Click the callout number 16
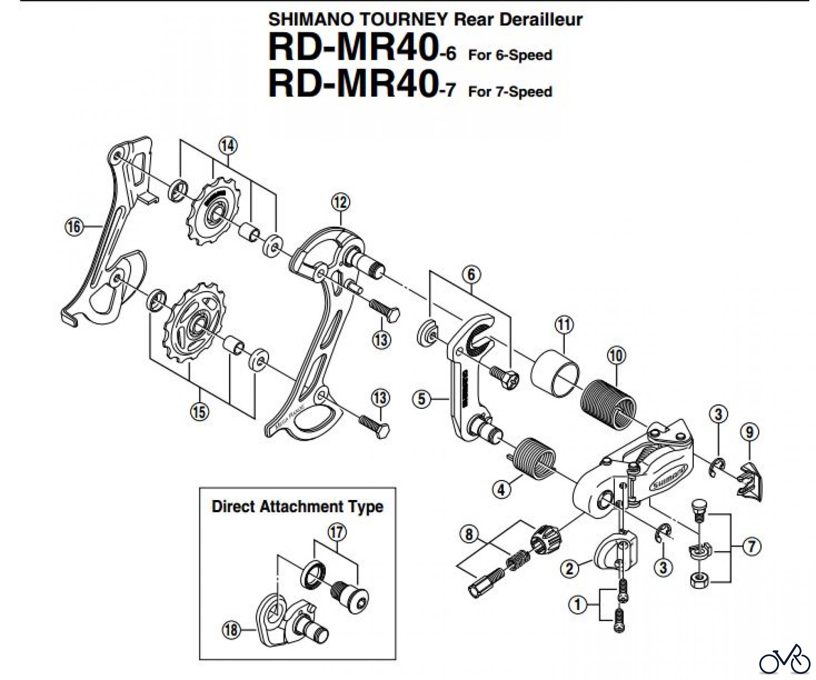74,226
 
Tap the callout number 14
228,146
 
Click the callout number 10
616,355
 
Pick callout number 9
749,432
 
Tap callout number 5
422,399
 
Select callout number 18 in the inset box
232,630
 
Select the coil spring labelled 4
535,459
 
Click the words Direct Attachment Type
297,506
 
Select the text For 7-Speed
510,92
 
